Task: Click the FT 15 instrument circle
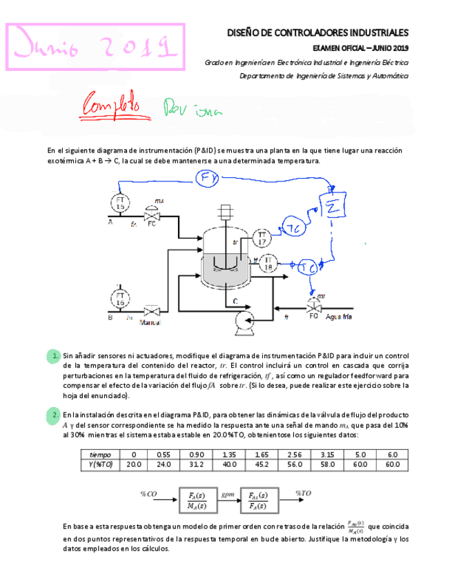[120, 203]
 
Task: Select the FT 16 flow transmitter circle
[120, 298]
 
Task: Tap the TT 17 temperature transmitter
[262, 238]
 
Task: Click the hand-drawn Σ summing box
[331, 206]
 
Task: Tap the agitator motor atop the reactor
[224, 212]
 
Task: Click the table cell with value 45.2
[261, 464]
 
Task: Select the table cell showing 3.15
[327, 455]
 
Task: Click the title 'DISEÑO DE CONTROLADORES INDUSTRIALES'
[317, 32]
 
